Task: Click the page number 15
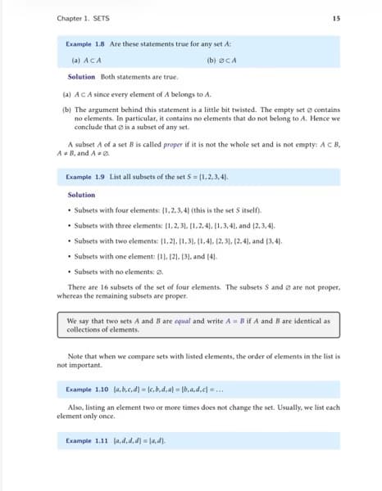337,18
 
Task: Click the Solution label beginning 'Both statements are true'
82,77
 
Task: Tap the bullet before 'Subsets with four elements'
70,210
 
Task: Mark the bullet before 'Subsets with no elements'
70,271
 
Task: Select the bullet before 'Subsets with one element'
70,256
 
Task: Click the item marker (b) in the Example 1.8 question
212,60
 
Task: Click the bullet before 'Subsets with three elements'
70,225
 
